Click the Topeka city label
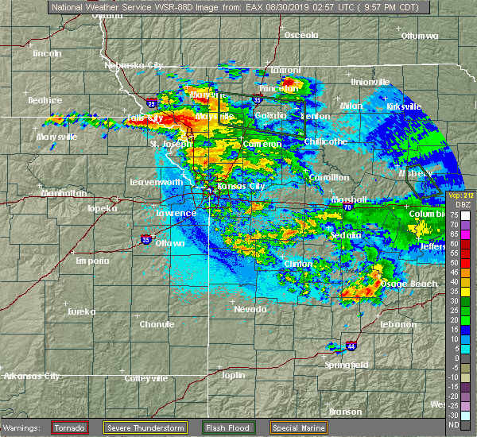[103, 208]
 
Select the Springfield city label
[346, 365]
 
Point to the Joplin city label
[233, 375]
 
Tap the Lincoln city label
[47, 53]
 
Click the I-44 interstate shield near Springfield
[351, 346]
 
